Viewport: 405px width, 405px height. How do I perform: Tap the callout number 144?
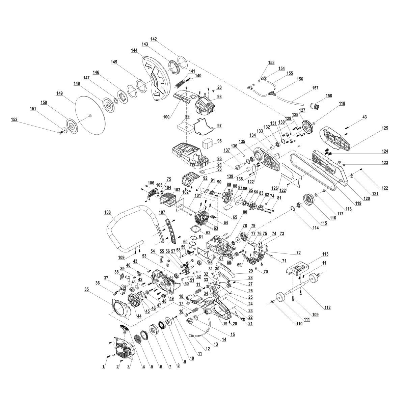[134, 50]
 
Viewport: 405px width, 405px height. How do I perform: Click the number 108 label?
[108, 213]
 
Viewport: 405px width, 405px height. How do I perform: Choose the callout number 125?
[385, 128]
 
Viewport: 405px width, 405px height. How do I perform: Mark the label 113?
[316, 253]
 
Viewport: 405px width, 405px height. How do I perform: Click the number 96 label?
[219, 140]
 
